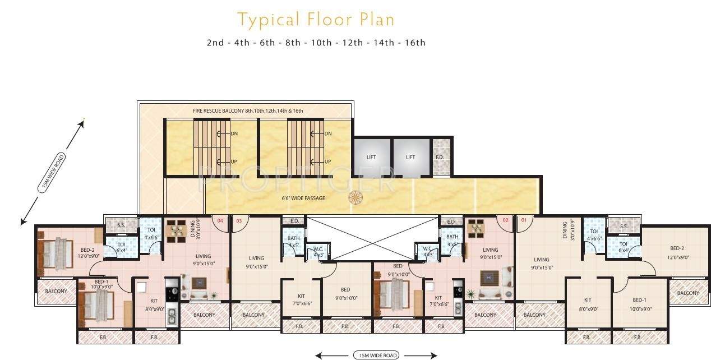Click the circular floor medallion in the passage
(355, 197)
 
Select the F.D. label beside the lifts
(440, 157)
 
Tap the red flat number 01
(524, 220)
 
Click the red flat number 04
(220, 220)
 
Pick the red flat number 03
(239, 220)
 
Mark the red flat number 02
(505, 220)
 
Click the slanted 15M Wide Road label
(52, 173)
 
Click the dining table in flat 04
(176, 230)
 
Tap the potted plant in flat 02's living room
(470, 293)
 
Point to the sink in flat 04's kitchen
(172, 316)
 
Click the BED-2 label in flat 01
(677, 248)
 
